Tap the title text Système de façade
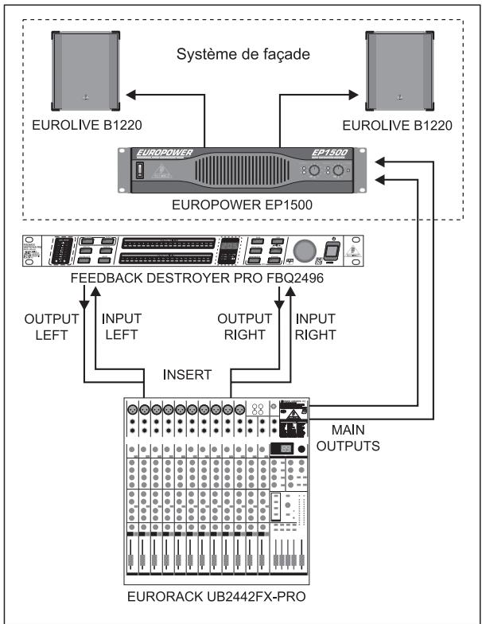pos(241,57)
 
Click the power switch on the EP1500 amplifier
pos(143,170)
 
